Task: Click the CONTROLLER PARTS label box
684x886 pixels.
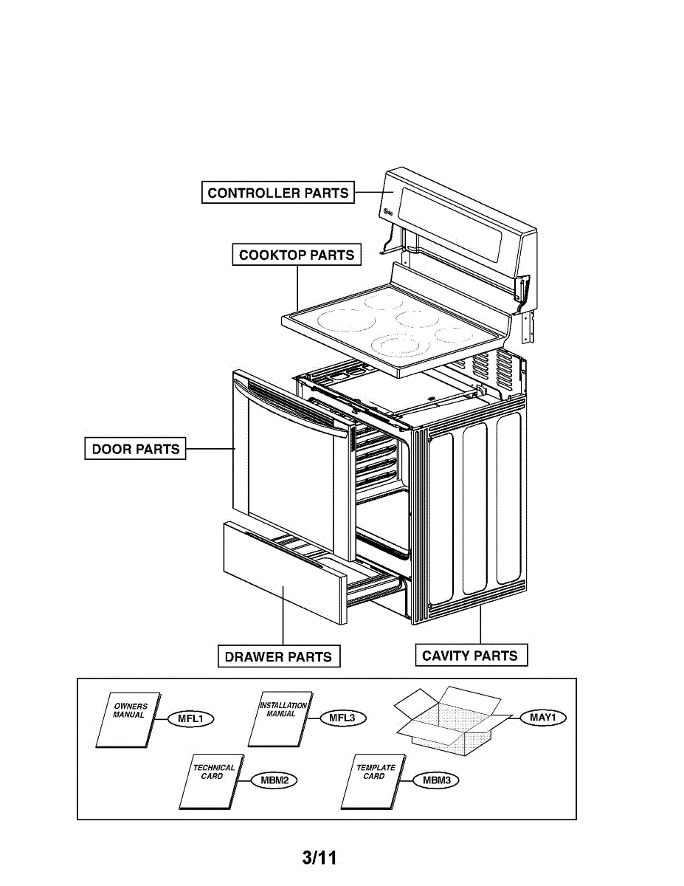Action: coord(278,193)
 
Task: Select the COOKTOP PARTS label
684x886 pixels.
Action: coord(297,255)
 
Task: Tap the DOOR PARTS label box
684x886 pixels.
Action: coord(135,449)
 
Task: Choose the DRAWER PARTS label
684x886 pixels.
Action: coord(278,656)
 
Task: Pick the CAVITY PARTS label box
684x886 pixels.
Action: coord(470,656)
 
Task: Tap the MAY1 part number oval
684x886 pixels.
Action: coord(542,717)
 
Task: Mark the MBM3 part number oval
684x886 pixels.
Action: coord(436,780)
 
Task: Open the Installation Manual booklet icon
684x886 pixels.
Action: coord(278,719)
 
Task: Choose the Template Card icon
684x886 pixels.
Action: coord(372,782)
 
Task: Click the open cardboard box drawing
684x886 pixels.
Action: coord(443,720)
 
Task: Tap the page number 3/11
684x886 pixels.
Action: coord(319,858)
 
